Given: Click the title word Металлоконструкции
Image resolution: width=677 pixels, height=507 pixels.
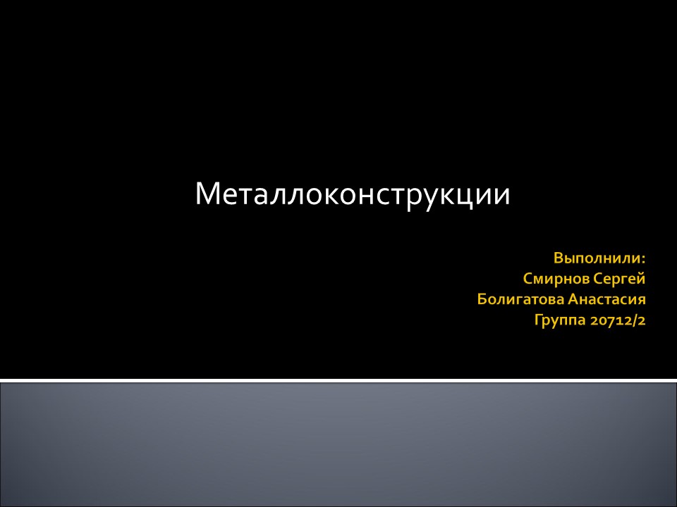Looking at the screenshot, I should point(352,194).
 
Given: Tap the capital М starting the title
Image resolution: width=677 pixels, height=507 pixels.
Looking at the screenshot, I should point(208,194).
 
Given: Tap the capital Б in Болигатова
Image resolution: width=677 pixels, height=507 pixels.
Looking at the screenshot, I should point(482,300).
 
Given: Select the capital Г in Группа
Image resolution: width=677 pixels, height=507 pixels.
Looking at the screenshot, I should point(539,321).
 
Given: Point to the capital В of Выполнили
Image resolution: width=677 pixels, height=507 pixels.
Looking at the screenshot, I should point(558,257).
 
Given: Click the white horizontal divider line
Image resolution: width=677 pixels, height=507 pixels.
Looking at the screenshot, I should point(338,380).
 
